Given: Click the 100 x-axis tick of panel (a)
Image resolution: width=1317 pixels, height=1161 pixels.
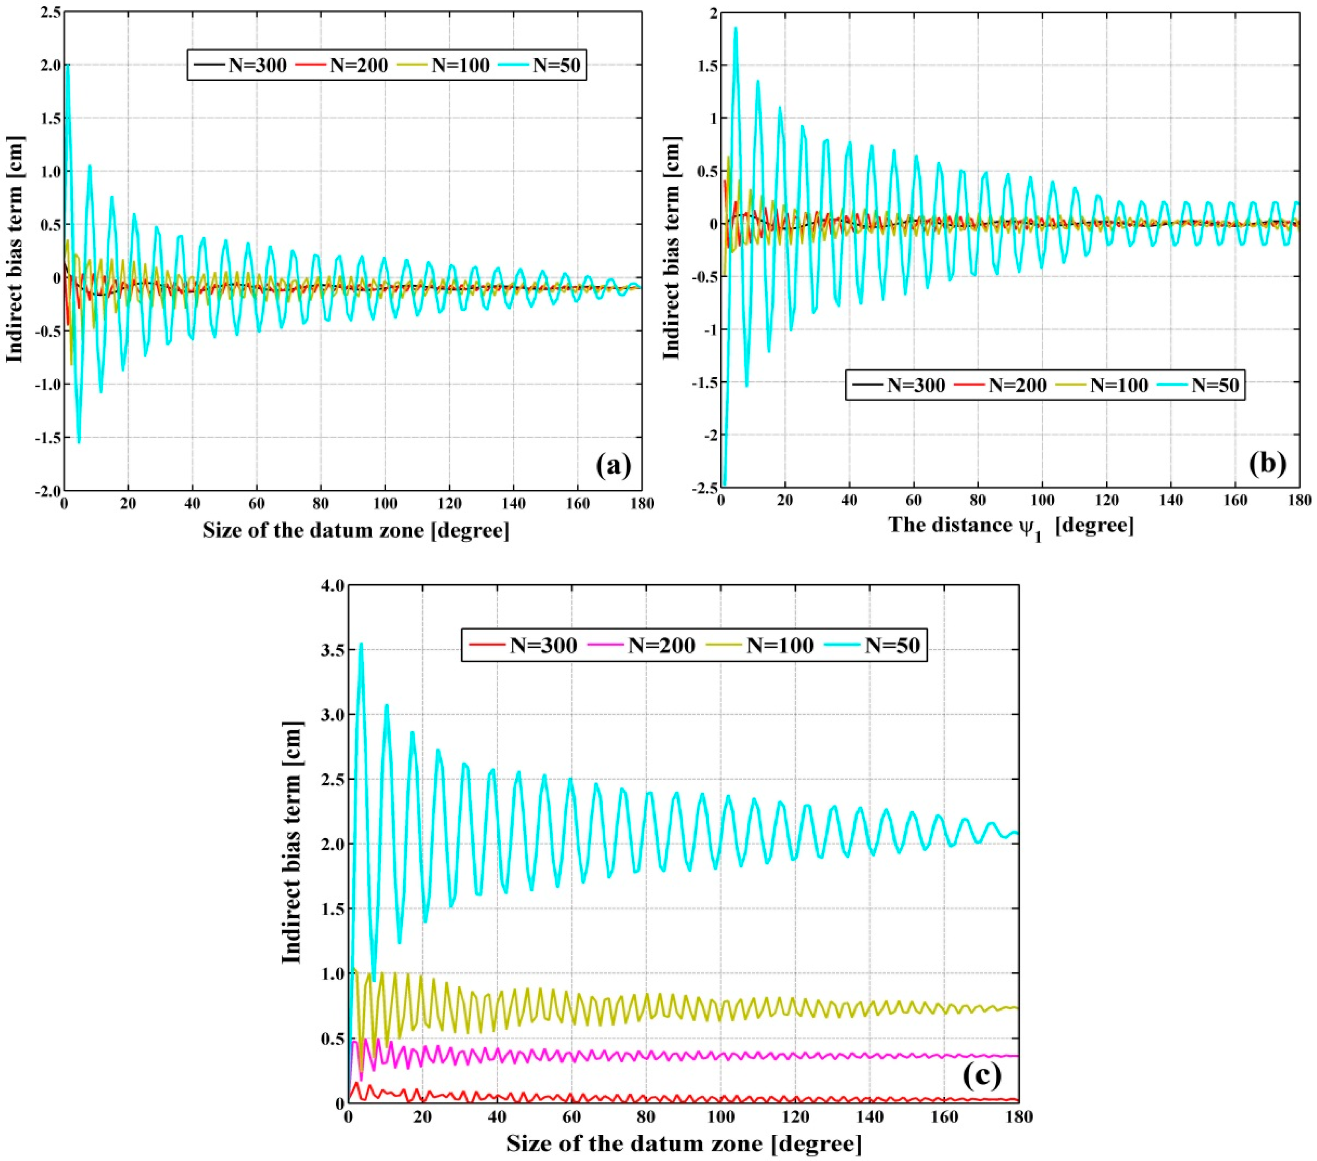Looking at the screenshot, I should [385, 503].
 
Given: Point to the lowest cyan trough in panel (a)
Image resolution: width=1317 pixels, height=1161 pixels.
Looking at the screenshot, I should [78, 442].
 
